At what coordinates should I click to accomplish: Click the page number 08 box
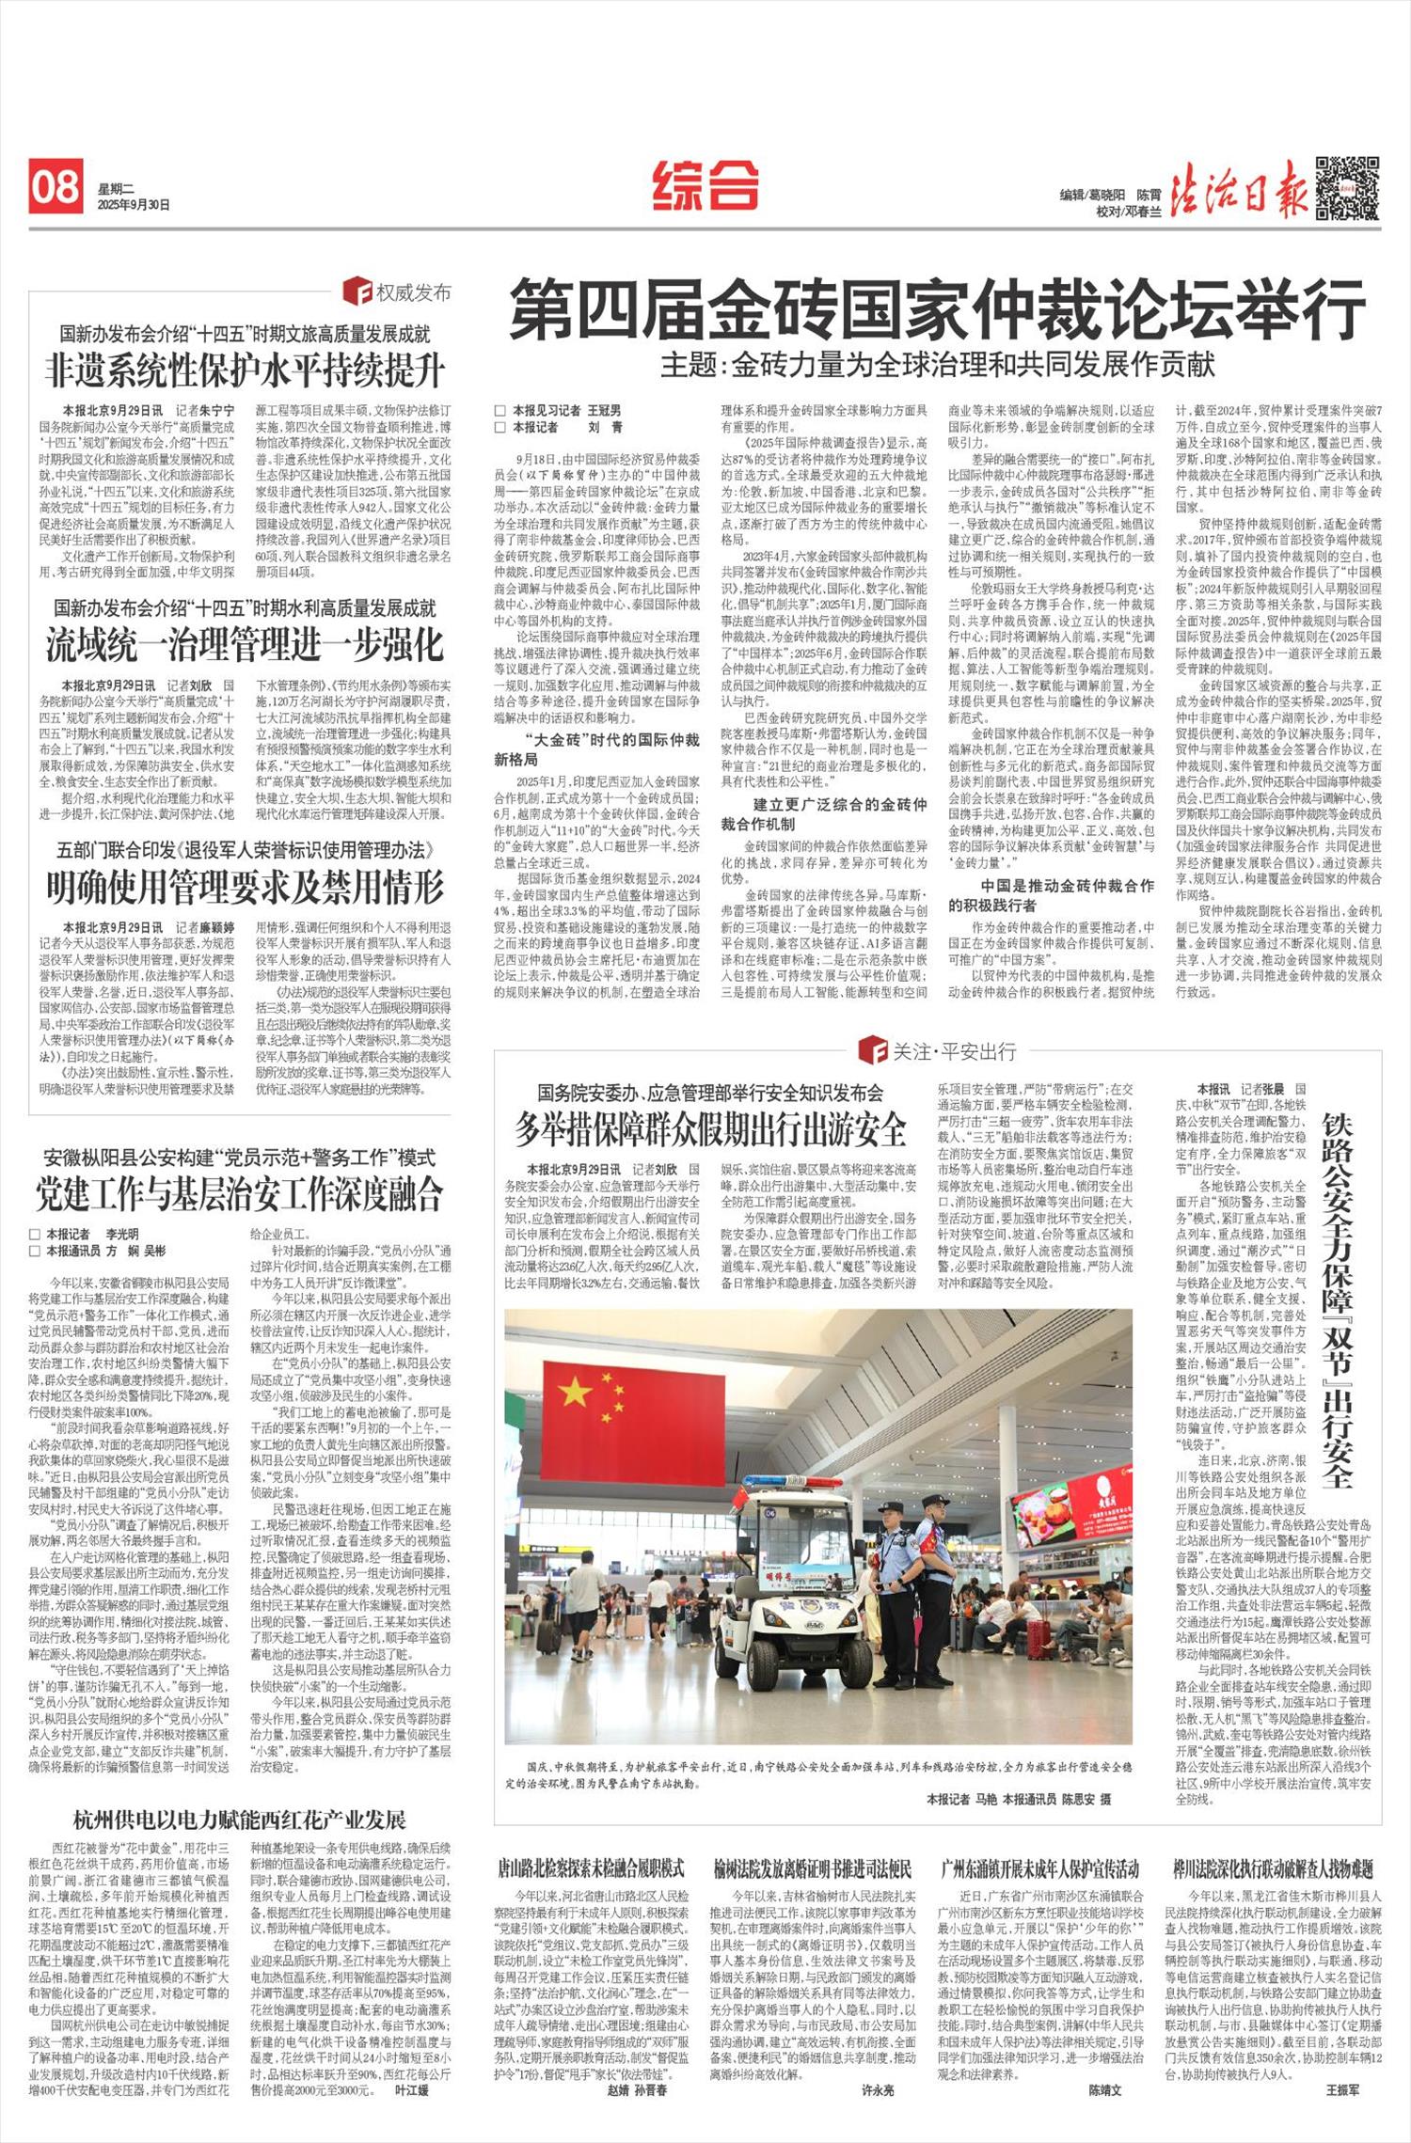(55, 186)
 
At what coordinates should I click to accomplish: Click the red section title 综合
(705, 184)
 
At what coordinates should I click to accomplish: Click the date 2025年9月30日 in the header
(134, 205)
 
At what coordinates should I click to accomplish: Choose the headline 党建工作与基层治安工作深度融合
(240, 1193)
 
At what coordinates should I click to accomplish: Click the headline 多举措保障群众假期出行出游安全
(710, 1128)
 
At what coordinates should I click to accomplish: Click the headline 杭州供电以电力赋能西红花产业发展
(240, 1819)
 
